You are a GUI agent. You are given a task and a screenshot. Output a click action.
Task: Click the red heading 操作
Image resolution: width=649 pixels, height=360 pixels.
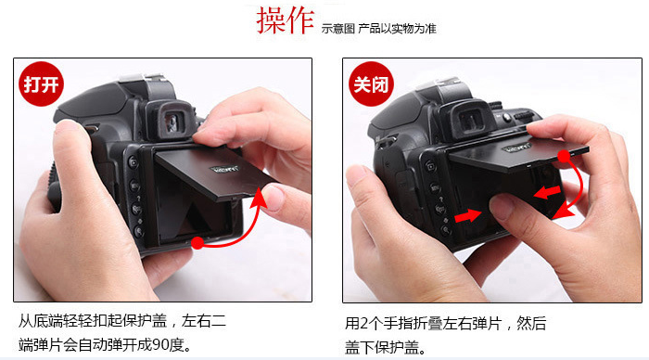tap(286, 20)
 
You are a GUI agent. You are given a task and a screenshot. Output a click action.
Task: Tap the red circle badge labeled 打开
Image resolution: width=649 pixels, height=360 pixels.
tap(41, 84)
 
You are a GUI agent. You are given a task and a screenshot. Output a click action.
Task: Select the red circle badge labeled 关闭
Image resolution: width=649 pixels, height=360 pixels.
tap(371, 84)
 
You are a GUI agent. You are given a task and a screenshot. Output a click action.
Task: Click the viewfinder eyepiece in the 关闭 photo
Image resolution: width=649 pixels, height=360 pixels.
tap(470, 120)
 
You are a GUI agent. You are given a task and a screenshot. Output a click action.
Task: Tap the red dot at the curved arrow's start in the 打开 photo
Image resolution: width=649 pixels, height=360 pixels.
tap(197, 243)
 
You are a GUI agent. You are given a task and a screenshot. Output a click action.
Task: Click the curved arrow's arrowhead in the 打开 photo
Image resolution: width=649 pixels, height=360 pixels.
tap(259, 198)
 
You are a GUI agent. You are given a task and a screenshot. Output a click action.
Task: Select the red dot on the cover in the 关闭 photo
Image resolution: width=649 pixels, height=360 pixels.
tap(564, 156)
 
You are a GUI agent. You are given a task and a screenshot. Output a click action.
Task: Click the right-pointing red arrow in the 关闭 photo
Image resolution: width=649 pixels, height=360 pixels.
tap(467, 216)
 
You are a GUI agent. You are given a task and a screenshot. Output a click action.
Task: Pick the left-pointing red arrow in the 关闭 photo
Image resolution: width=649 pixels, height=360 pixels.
tap(547, 192)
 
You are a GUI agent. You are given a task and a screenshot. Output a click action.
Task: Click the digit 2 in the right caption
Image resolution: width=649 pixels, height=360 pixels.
tap(363, 323)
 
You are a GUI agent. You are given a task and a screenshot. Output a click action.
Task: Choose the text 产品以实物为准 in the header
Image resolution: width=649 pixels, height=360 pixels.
tap(398, 29)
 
